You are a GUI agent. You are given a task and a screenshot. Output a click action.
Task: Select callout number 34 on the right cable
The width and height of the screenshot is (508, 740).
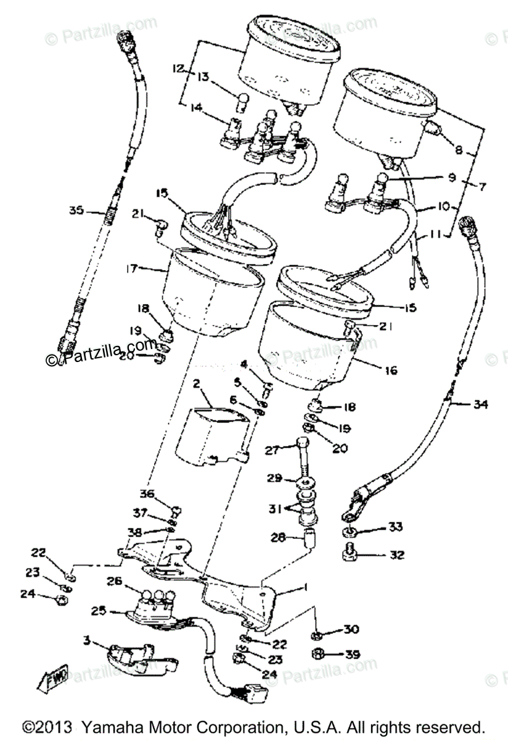pyautogui.click(x=480, y=405)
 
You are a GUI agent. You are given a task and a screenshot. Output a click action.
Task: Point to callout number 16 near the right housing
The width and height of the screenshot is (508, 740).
pyautogui.click(x=390, y=371)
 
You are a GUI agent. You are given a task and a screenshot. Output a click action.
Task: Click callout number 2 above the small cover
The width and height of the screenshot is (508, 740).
pyautogui.click(x=197, y=384)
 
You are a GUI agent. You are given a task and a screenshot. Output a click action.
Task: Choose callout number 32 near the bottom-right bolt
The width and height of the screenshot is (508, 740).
pyautogui.click(x=397, y=555)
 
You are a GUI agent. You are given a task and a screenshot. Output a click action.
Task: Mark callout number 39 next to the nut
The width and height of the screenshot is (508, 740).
pyautogui.click(x=353, y=654)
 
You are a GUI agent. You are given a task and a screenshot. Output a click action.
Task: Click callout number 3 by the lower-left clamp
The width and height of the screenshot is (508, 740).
pyautogui.click(x=89, y=642)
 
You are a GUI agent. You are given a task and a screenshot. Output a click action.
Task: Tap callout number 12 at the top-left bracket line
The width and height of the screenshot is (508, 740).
pyautogui.click(x=179, y=68)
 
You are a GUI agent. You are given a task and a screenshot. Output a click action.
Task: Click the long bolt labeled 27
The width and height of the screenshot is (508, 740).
pyautogui.click(x=302, y=459)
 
